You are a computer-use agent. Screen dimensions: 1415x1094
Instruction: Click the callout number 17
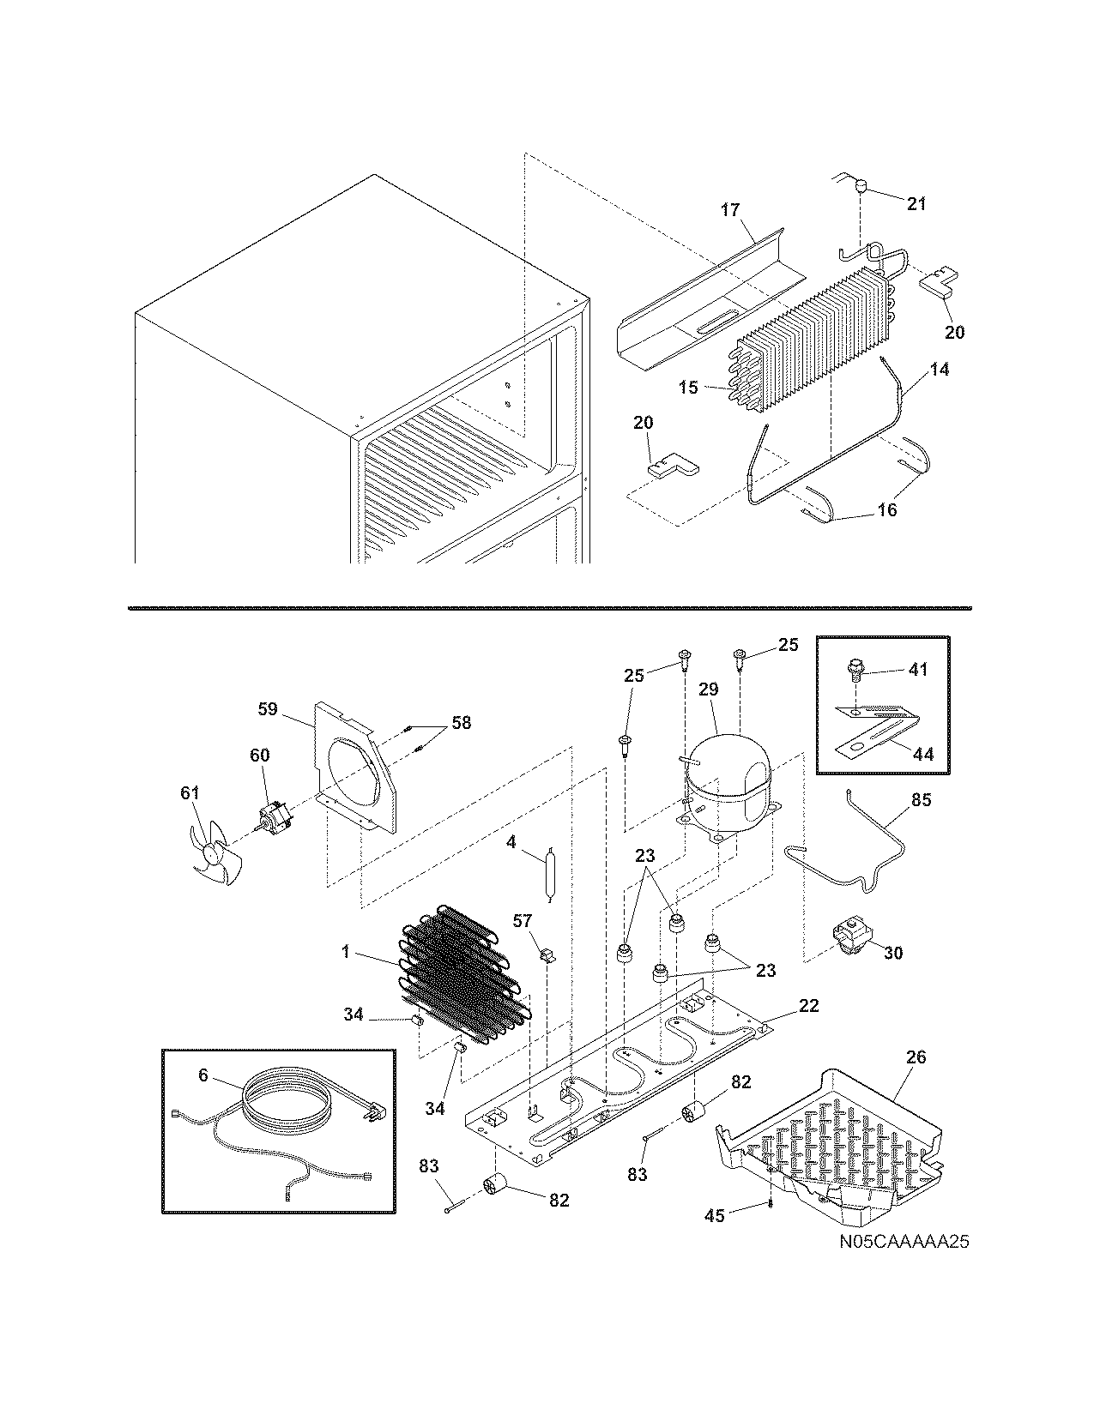[729, 209]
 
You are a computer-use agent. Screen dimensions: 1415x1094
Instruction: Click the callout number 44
[923, 756]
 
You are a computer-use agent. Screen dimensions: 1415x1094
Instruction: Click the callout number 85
[921, 802]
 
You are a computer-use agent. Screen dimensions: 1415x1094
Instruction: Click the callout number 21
[916, 203]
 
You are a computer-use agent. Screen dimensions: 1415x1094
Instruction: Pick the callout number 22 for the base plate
[808, 1006]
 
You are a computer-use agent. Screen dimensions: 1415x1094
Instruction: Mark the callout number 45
[715, 1215]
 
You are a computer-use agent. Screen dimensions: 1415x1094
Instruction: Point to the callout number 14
[940, 370]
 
